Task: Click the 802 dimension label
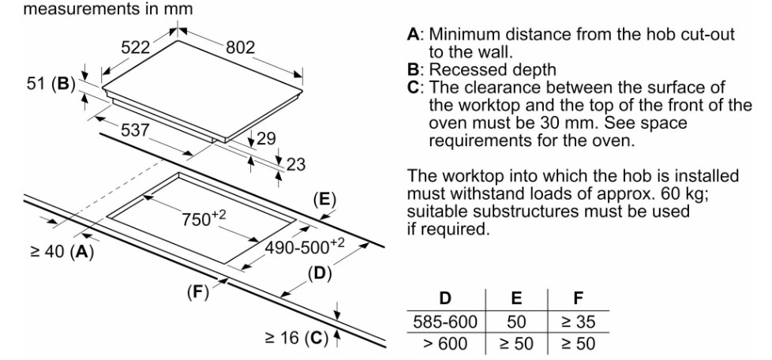(x=241, y=47)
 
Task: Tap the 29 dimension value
(x=268, y=140)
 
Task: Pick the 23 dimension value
(x=295, y=164)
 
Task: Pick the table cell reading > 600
(x=445, y=345)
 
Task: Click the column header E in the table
(x=514, y=301)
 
